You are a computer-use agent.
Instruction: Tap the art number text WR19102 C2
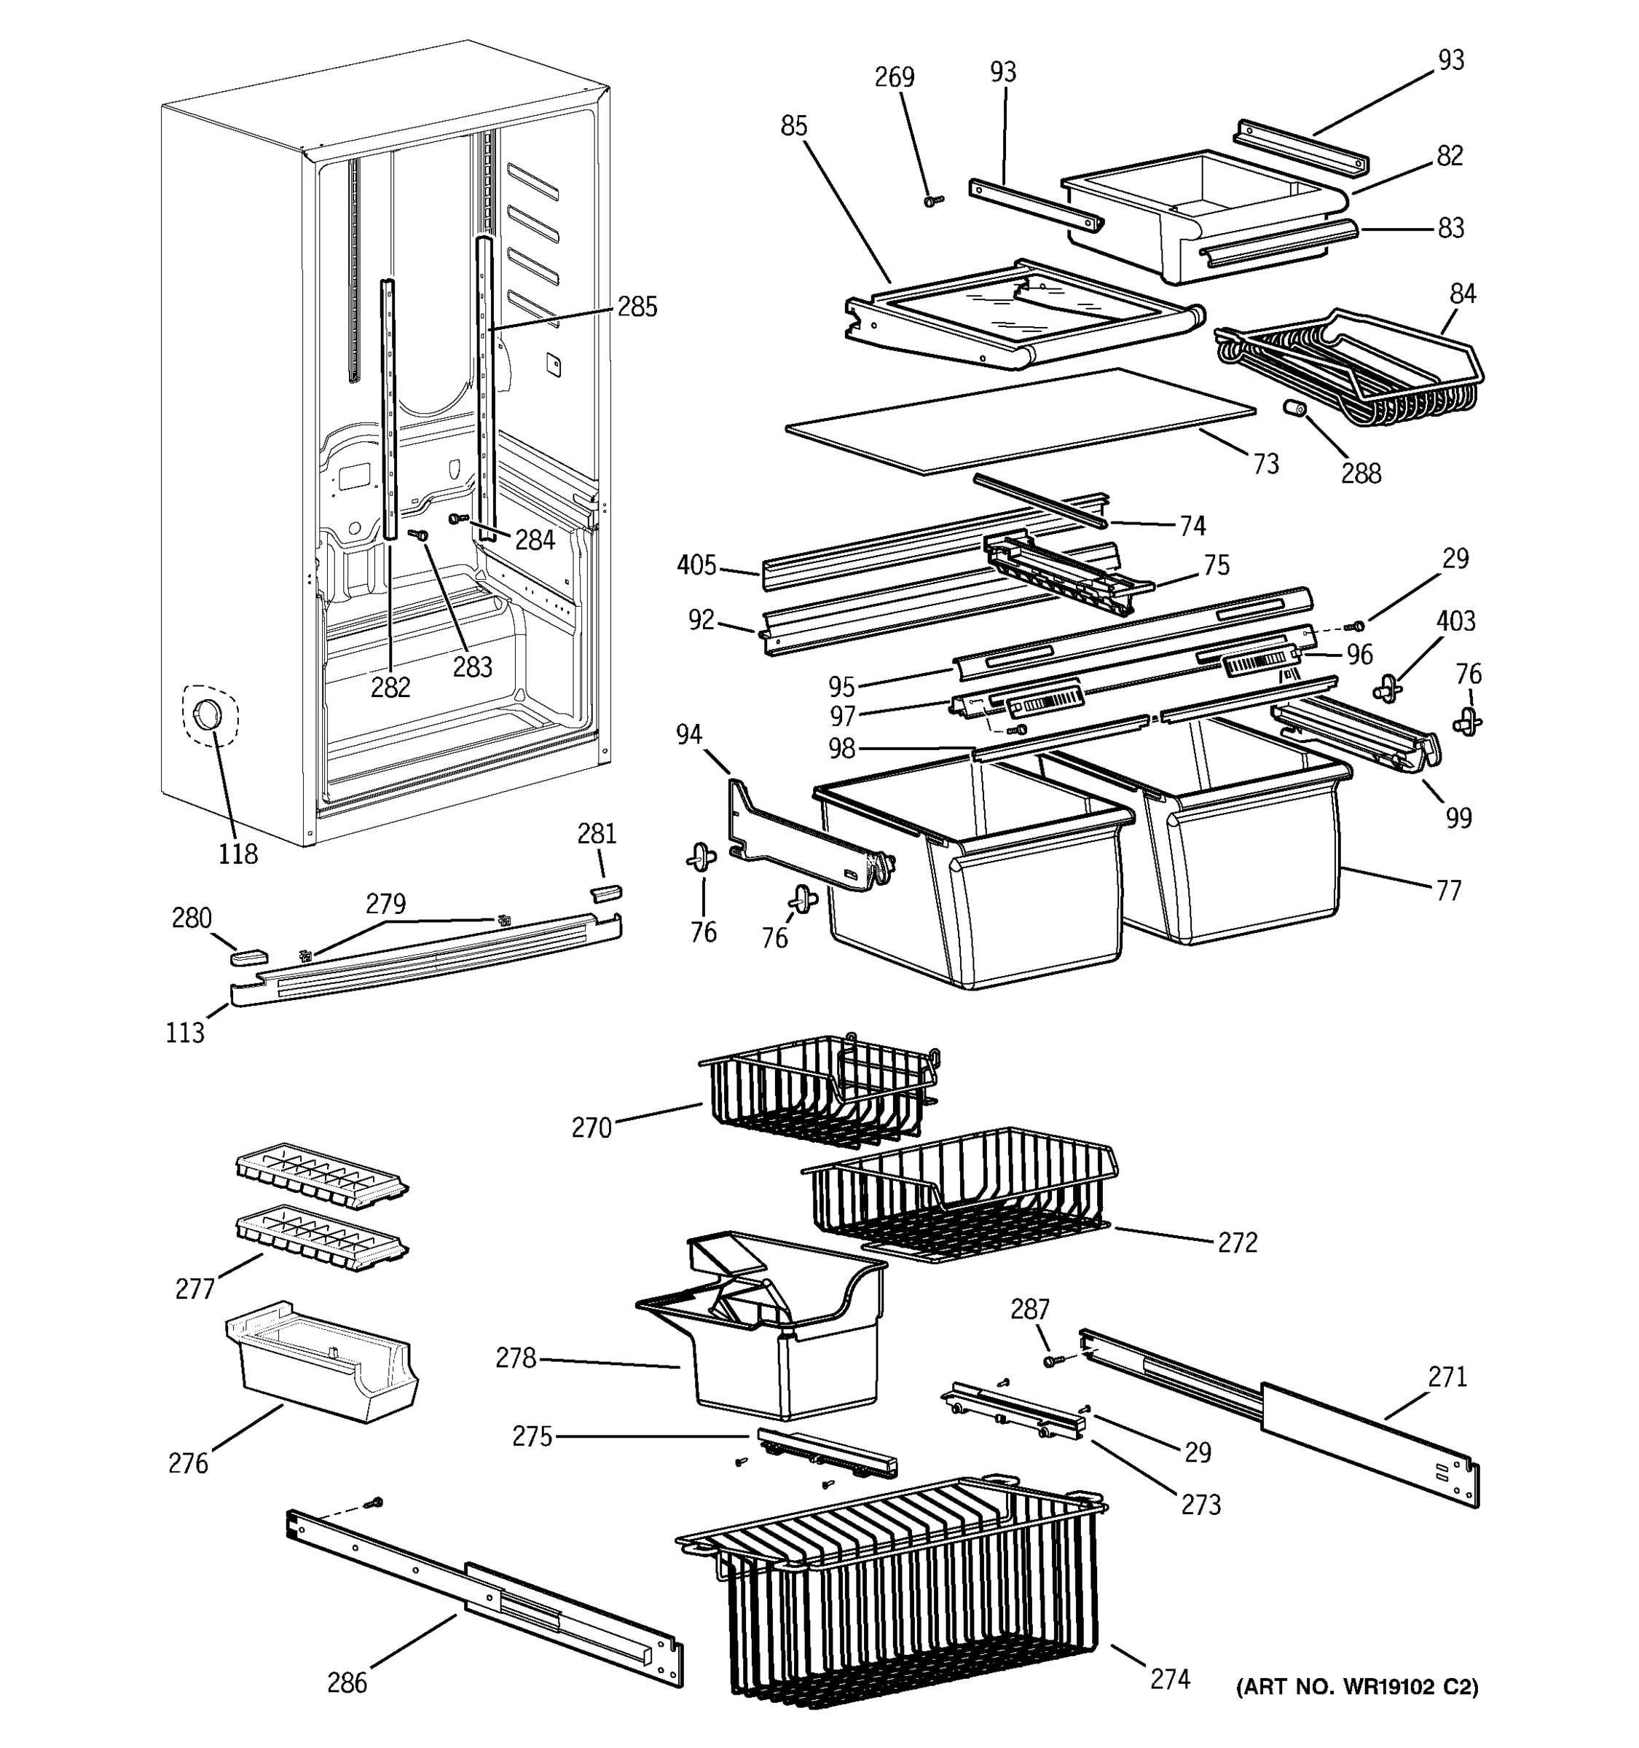tap(1357, 1686)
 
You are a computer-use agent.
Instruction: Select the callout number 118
tap(237, 853)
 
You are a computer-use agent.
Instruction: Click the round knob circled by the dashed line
tap(208, 714)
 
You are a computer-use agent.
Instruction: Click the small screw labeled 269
tap(933, 201)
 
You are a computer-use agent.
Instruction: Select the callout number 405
tap(696, 565)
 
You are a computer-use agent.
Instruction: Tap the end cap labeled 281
tap(605, 892)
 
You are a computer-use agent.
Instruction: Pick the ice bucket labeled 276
tap(321, 1361)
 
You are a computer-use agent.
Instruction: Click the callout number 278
tap(515, 1358)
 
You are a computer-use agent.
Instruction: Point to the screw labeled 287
tap(1052, 1361)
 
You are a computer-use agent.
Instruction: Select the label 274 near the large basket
tap(1171, 1679)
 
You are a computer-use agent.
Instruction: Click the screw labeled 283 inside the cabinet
tap(420, 535)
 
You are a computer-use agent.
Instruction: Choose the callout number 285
tap(637, 307)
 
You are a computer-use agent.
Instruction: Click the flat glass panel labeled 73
tap(1020, 422)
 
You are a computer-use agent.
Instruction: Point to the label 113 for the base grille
tap(184, 1032)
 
